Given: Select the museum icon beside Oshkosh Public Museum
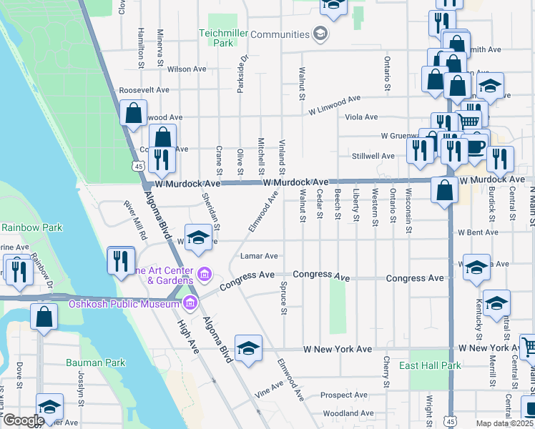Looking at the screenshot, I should [190, 303].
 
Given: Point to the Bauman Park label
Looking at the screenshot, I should [95, 363].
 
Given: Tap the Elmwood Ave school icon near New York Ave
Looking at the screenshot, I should [248, 348].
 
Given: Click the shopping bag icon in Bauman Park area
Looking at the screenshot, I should [44, 317].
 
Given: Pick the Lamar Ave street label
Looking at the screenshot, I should [259, 256].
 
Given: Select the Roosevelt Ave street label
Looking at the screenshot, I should [144, 90].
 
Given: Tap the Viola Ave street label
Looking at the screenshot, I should [361, 117].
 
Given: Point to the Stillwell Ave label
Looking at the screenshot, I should [373, 156].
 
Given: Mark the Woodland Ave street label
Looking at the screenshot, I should [348, 413].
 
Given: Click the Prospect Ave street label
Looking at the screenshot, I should [344, 395].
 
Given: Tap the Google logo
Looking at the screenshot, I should [24, 420].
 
